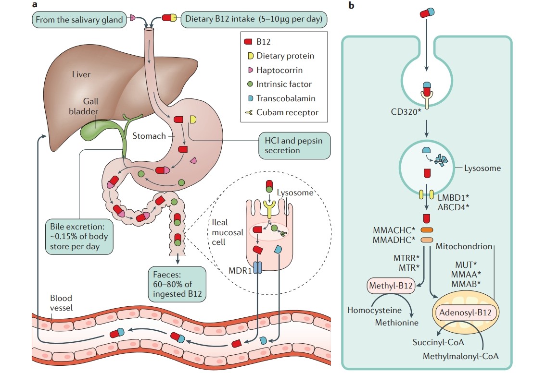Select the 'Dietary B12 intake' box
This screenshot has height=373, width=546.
[254, 19]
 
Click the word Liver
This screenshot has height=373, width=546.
[81, 74]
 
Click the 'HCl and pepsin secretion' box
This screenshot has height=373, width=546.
[294, 145]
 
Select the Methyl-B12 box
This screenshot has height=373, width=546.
[391, 287]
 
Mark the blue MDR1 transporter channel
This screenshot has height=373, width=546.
[257, 267]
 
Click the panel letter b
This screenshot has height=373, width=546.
[351, 6]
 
